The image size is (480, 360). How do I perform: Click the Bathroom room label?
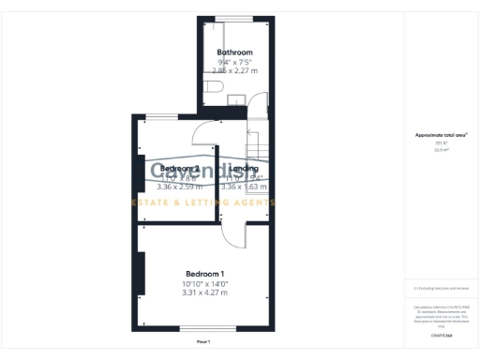[234, 52]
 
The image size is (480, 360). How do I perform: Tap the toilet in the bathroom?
[213, 88]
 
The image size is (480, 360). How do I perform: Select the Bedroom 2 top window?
[162, 117]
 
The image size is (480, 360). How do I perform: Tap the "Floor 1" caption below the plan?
[204, 342]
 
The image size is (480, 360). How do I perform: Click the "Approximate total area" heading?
[441, 135]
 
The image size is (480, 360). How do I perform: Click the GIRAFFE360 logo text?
[441, 334]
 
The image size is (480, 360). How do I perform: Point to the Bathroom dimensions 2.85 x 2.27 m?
[233, 70]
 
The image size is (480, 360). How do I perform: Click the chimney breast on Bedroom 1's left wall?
[142, 277]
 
